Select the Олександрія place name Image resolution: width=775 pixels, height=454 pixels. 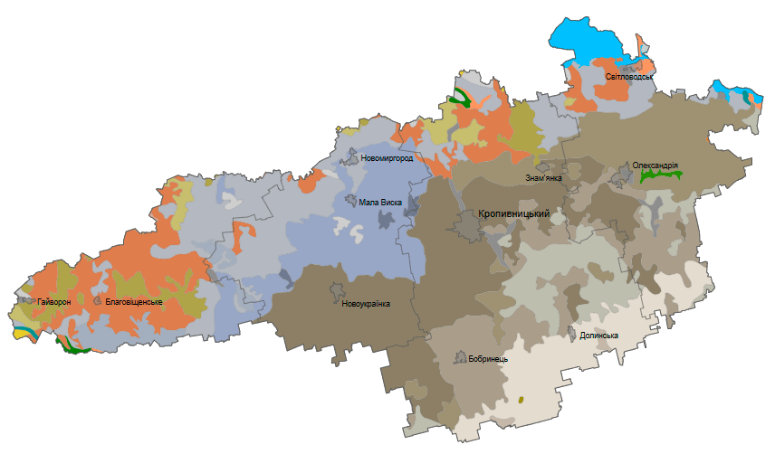pyautogui.click(x=656, y=166)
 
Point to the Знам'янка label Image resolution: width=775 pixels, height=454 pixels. pyautogui.click(x=544, y=178)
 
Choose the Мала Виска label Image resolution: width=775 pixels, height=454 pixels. pyautogui.click(x=380, y=203)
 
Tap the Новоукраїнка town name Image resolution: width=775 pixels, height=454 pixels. pyautogui.click(x=366, y=303)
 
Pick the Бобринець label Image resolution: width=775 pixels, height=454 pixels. pyautogui.click(x=488, y=358)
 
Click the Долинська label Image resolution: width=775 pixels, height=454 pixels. pyautogui.click(x=598, y=336)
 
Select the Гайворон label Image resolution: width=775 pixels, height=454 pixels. pyautogui.click(x=53, y=301)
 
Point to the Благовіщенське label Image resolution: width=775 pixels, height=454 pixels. pyautogui.click(x=134, y=301)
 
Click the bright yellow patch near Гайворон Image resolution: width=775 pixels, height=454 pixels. pyautogui.click(x=24, y=332)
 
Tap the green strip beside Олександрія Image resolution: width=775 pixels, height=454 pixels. pyautogui.click(x=661, y=177)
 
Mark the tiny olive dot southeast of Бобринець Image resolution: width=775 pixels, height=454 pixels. pyautogui.click(x=522, y=399)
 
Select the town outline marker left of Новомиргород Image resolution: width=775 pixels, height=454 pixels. pyautogui.click(x=350, y=158)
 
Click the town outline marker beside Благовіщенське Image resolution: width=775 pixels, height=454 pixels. pyautogui.click(x=97, y=299)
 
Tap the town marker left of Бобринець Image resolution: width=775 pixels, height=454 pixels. pyautogui.click(x=460, y=357)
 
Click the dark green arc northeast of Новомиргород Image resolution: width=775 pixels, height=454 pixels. pyautogui.click(x=462, y=97)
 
